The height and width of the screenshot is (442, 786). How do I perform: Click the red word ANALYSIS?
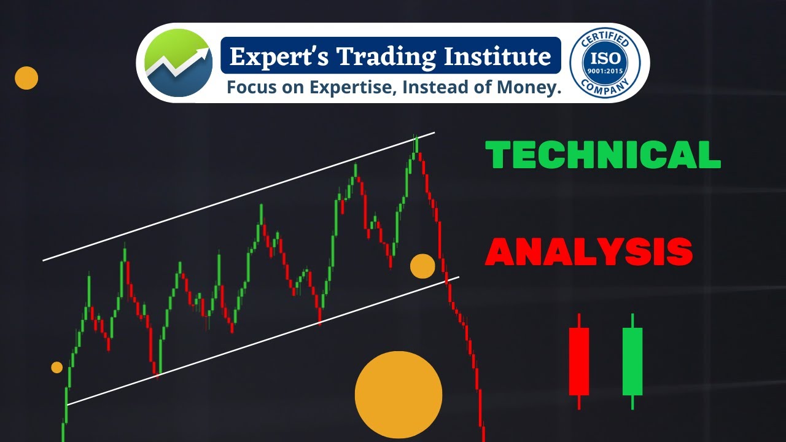pyautogui.click(x=589, y=252)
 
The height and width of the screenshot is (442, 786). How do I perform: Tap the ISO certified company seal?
pyautogui.click(x=605, y=63)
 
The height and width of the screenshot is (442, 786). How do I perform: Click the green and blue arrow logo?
pyautogui.click(x=178, y=63)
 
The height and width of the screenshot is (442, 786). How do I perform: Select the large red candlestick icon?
pyautogui.click(x=579, y=361)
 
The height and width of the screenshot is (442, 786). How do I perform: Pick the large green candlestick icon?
pyautogui.click(x=632, y=361)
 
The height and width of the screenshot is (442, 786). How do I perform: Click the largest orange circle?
pyautogui.click(x=399, y=395)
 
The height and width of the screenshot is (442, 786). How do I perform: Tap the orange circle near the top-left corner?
pyautogui.click(x=26, y=78)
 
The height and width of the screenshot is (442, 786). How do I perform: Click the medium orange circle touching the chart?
pyautogui.click(x=422, y=266)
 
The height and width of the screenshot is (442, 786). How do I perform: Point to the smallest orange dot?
pyautogui.click(x=56, y=367)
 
